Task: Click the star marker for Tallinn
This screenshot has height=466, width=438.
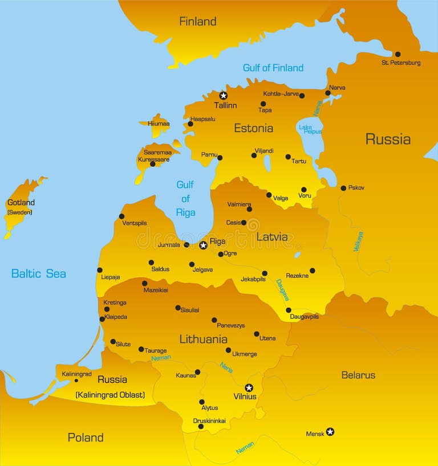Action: pyautogui.click(x=224, y=96)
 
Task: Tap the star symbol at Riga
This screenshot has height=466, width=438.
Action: pyautogui.click(x=203, y=245)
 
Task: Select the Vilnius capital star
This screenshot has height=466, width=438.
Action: pyautogui.click(x=249, y=388)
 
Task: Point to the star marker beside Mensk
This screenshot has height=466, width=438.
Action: pyautogui.click(x=330, y=432)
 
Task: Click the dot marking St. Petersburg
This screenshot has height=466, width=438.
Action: pyautogui.click(x=398, y=54)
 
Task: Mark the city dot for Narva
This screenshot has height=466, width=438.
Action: pyautogui.click(x=328, y=93)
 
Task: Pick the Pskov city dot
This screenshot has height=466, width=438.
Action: pyautogui.click(x=343, y=188)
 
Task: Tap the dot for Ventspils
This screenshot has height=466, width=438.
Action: pyautogui.click(x=121, y=216)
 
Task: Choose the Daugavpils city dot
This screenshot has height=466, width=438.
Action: pyautogui.click(x=289, y=310)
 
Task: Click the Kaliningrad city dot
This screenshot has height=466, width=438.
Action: pyautogui.click(x=76, y=381)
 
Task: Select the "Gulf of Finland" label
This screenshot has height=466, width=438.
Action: pyautogui.click(x=273, y=68)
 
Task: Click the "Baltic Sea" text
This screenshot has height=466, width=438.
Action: pyautogui.click(x=39, y=273)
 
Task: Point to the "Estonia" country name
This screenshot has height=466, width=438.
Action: pyautogui.click(x=253, y=128)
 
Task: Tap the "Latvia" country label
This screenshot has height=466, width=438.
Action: pyautogui.click(x=272, y=236)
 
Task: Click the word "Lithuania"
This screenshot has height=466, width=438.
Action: pyautogui.click(x=203, y=339)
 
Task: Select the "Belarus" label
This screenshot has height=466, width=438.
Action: pyautogui.click(x=358, y=375)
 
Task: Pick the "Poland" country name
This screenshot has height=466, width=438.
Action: pyautogui.click(x=86, y=438)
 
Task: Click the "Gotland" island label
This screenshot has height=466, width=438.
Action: pyautogui.click(x=21, y=202)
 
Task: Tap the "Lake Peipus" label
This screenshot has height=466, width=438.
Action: pyautogui.click(x=310, y=129)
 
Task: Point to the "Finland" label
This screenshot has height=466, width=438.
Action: pyautogui.click(x=198, y=22)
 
